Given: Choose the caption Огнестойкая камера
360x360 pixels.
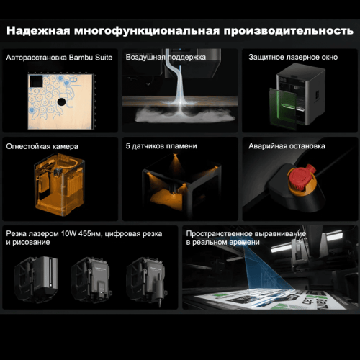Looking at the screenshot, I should click(42, 146).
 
